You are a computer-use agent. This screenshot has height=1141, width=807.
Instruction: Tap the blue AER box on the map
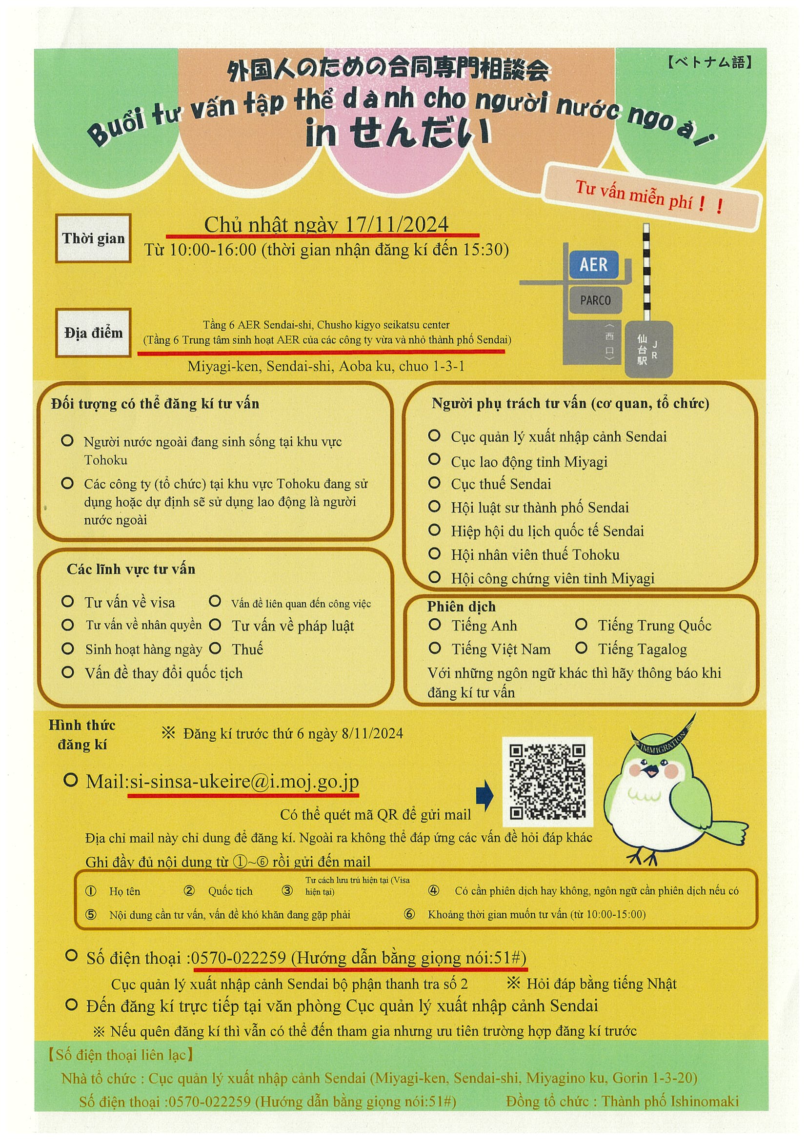tap(594, 264)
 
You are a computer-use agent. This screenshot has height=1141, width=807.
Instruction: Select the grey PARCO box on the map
tap(595, 300)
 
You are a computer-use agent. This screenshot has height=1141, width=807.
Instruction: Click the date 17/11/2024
tap(396, 225)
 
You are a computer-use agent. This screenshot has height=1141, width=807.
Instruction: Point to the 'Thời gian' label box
tap(93, 238)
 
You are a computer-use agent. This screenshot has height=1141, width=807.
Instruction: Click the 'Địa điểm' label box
tap(93, 333)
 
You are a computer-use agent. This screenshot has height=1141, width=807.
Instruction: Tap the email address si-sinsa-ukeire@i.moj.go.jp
tap(243, 782)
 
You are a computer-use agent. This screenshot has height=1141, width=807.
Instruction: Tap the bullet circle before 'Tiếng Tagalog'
tap(581, 648)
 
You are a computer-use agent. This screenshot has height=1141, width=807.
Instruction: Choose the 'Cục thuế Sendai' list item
tap(500, 484)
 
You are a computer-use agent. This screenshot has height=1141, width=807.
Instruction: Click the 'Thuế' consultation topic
tap(247, 649)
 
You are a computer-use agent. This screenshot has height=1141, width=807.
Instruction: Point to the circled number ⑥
tap(409, 914)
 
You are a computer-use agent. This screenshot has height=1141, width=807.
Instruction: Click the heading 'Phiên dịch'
tap(461, 606)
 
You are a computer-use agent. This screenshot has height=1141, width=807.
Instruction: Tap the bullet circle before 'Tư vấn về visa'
tap(67, 602)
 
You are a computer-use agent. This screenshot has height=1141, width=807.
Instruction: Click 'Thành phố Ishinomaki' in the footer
tap(670, 1101)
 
